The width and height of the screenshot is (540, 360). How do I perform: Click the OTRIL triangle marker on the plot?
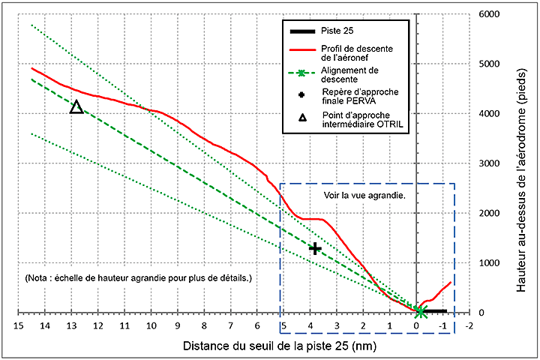click(x=76, y=107)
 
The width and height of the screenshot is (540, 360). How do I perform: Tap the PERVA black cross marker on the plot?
click(x=316, y=248)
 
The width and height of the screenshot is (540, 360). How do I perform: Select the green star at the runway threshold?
click(x=421, y=312)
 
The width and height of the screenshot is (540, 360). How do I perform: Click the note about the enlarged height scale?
click(x=139, y=277)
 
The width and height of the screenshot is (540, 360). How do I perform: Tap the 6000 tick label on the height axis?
click(x=488, y=14)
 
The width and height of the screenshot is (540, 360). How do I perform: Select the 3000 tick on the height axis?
click(x=488, y=163)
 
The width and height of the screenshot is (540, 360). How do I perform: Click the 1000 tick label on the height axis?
click(x=488, y=263)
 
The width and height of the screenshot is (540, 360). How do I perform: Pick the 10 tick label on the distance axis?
click(x=151, y=327)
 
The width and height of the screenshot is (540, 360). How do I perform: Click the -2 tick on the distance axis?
click(x=470, y=327)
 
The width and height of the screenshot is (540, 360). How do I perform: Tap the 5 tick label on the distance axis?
click(x=283, y=327)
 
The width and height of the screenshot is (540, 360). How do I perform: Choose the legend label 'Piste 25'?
click(x=338, y=31)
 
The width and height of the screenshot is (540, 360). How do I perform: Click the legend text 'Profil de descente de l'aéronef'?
click(x=350, y=53)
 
